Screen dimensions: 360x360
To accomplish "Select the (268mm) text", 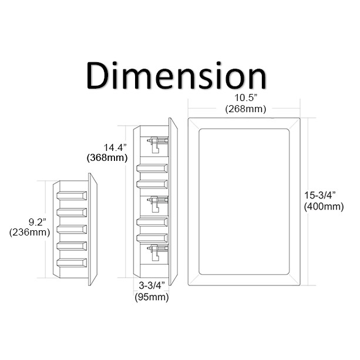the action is click(245, 109).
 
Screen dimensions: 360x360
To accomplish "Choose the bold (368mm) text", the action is click(105, 158).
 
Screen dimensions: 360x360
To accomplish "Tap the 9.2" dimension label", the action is click(30, 222).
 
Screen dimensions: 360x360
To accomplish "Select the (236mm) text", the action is click(29, 233).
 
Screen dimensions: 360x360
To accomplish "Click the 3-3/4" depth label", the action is click(150, 286).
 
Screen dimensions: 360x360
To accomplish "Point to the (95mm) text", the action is click(150, 297).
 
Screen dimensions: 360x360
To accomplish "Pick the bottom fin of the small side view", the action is click(71, 262).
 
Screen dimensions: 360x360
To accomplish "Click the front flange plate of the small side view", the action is click(92, 229).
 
